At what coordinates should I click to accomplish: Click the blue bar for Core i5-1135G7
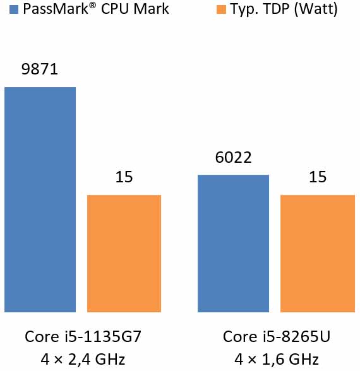(x=40, y=199)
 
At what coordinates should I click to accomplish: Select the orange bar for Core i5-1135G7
(x=124, y=253)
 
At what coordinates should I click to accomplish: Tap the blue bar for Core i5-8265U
(x=233, y=243)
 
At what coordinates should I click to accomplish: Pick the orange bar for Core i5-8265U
(x=318, y=253)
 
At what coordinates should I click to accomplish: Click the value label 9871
(x=39, y=69)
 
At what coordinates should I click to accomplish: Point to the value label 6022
(x=233, y=158)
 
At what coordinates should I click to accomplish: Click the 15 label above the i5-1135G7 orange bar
(x=124, y=178)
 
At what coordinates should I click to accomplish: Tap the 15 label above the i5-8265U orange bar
(x=318, y=178)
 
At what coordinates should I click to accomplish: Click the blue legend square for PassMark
(x=8, y=10)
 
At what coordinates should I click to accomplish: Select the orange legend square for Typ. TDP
(x=220, y=10)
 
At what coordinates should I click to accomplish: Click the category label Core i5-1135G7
(x=83, y=336)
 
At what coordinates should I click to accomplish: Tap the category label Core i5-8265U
(x=276, y=336)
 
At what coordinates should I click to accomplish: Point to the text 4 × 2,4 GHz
(x=83, y=360)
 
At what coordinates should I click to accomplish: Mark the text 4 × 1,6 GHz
(x=276, y=360)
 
